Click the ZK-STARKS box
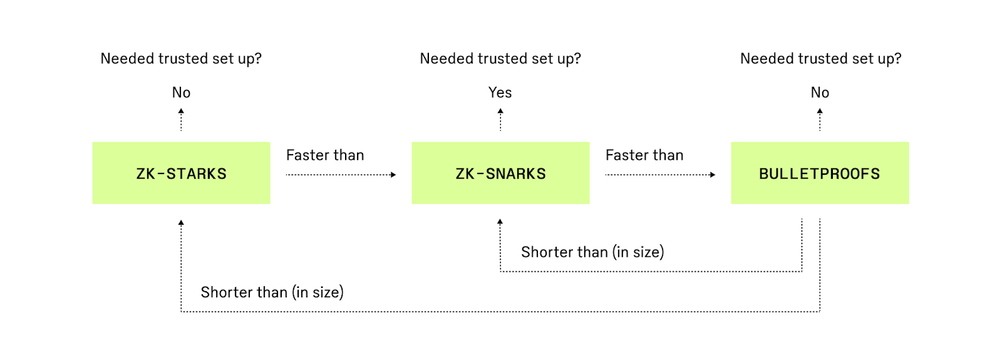coord(181,173)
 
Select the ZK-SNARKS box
coord(500,173)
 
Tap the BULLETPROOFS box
coord(820,173)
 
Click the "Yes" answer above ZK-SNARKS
coord(500,93)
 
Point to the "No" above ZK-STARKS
coord(181,93)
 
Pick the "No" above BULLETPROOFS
coord(820,93)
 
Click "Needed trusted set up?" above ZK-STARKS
coord(181,59)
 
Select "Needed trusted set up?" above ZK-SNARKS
coord(500,59)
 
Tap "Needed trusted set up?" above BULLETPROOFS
coord(820,59)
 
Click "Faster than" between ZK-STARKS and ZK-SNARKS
coord(325,155)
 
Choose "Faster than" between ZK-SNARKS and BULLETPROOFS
coord(644,155)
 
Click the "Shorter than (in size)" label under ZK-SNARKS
coord(592,252)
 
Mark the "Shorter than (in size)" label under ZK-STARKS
coord(272,292)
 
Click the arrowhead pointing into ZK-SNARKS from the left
coord(394,175)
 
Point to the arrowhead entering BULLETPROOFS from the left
coord(713,175)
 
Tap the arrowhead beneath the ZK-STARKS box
coord(181,222)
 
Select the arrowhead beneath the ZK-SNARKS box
coord(500,222)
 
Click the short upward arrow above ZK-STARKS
coord(181,119)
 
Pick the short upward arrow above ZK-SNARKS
coord(500,119)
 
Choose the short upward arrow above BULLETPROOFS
coord(820,119)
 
